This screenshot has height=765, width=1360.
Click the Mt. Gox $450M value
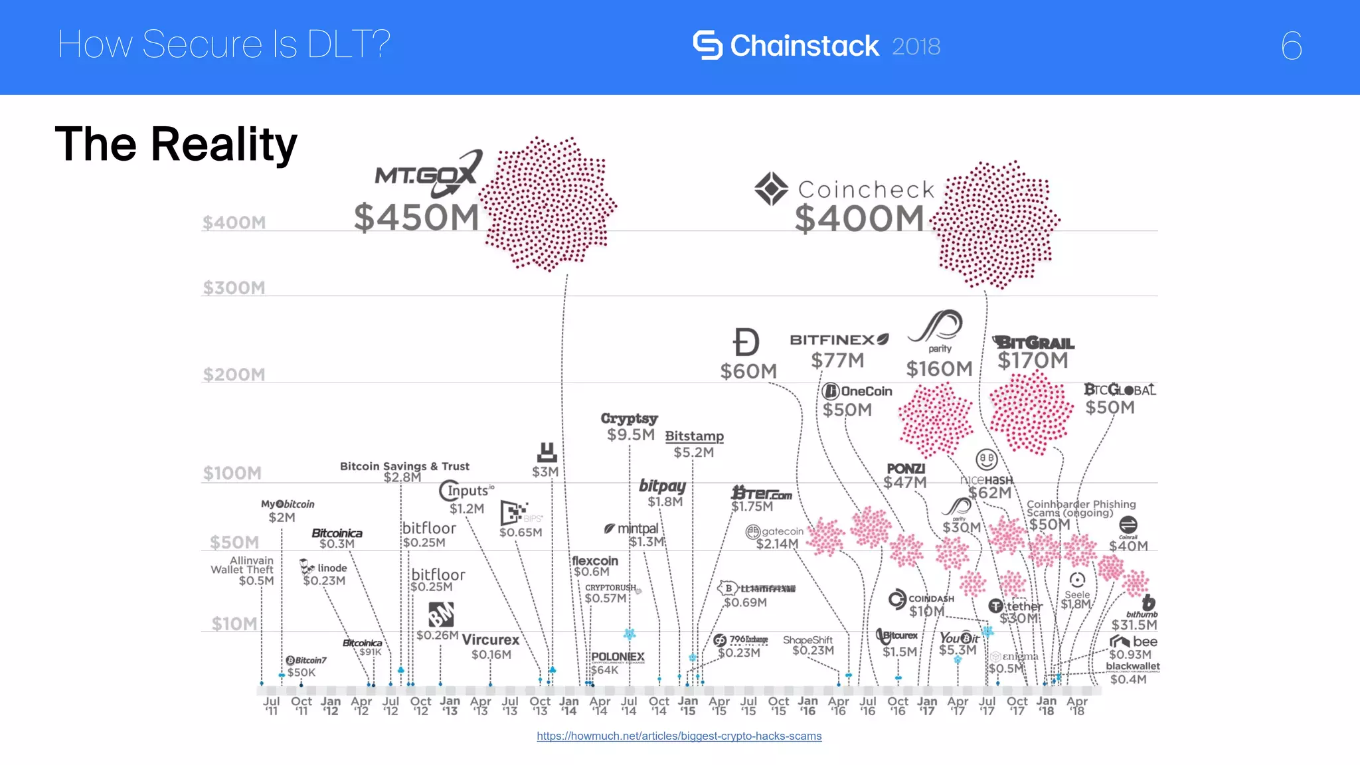coord(416,217)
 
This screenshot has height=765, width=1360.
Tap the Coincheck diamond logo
coord(771,189)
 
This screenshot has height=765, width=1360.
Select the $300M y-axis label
coord(234,288)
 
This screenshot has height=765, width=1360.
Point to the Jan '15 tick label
coord(688,706)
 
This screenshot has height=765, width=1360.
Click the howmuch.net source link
coord(679,736)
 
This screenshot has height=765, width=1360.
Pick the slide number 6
coord(1291,46)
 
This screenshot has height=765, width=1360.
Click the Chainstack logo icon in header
coord(707,45)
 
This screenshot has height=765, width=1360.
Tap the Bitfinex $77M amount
coord(837,361)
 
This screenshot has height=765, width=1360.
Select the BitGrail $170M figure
coord(1033,361)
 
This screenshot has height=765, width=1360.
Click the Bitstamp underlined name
coord(694,436)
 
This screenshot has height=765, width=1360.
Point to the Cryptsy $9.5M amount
coord(630,434)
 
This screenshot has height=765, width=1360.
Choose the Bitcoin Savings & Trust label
coord(404,466)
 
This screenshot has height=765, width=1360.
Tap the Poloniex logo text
coord(618,656)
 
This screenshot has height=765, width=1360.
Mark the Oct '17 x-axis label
coord(1017,706)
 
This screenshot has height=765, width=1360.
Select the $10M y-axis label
coord(234,624)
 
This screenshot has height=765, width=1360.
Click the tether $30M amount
coord(1018,618)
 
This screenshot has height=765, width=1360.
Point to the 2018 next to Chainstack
coord(916,46)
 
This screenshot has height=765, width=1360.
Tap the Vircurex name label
coord(491,639)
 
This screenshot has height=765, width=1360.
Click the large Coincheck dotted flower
coord(994,224)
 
